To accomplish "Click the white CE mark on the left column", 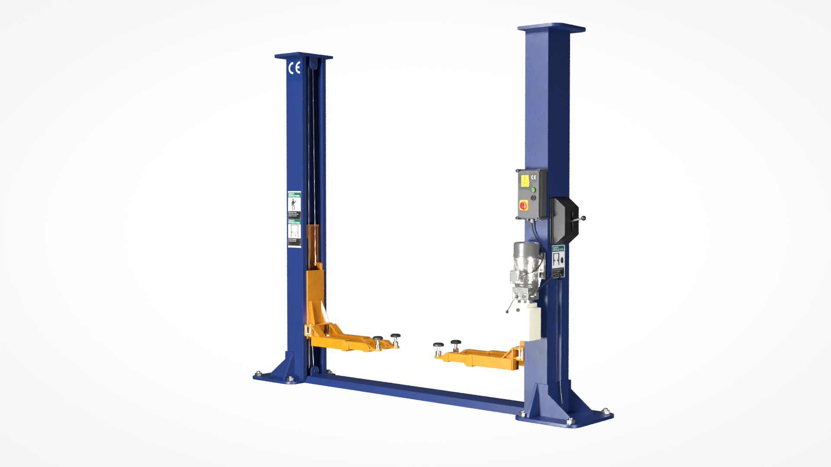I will coord(294,68).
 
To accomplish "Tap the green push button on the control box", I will coord(533,189).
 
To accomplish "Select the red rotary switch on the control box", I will coord(523,205).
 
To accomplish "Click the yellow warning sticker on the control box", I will coord(524,180).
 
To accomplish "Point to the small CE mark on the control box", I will coord(533,177).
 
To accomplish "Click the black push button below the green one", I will coord(533,198).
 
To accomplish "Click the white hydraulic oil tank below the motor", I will coord(532,322).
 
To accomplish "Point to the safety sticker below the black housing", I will coord(558,261).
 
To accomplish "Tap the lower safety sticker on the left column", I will coord(294,233).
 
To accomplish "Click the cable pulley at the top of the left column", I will coord(312,65).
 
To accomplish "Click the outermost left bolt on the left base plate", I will coord(258,374).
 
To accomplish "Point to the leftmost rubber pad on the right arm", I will coord(438,345).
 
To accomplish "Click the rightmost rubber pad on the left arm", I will coord(395,336).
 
